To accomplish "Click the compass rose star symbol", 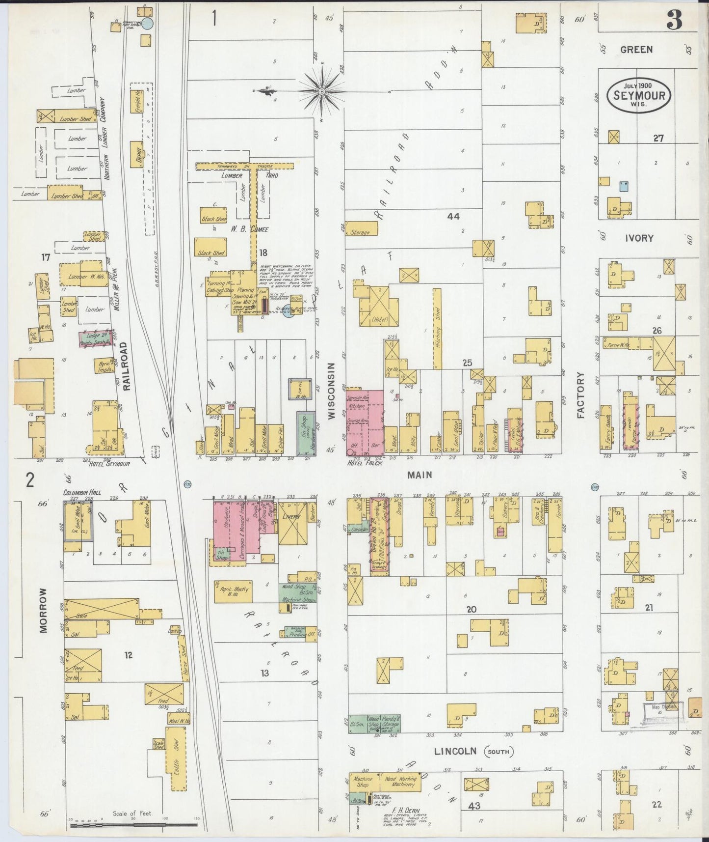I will [321, 91].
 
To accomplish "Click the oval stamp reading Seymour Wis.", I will [639, 94].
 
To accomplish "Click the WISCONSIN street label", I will [332, 391].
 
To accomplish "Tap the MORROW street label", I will [44, 610].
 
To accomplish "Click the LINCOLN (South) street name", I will [472, 765].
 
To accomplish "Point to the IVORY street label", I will [639, 238].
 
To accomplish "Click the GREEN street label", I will [636, 49].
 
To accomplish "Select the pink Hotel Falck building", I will [365, 422].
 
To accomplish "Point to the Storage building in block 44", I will [361, 229].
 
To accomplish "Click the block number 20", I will [471, 609].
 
